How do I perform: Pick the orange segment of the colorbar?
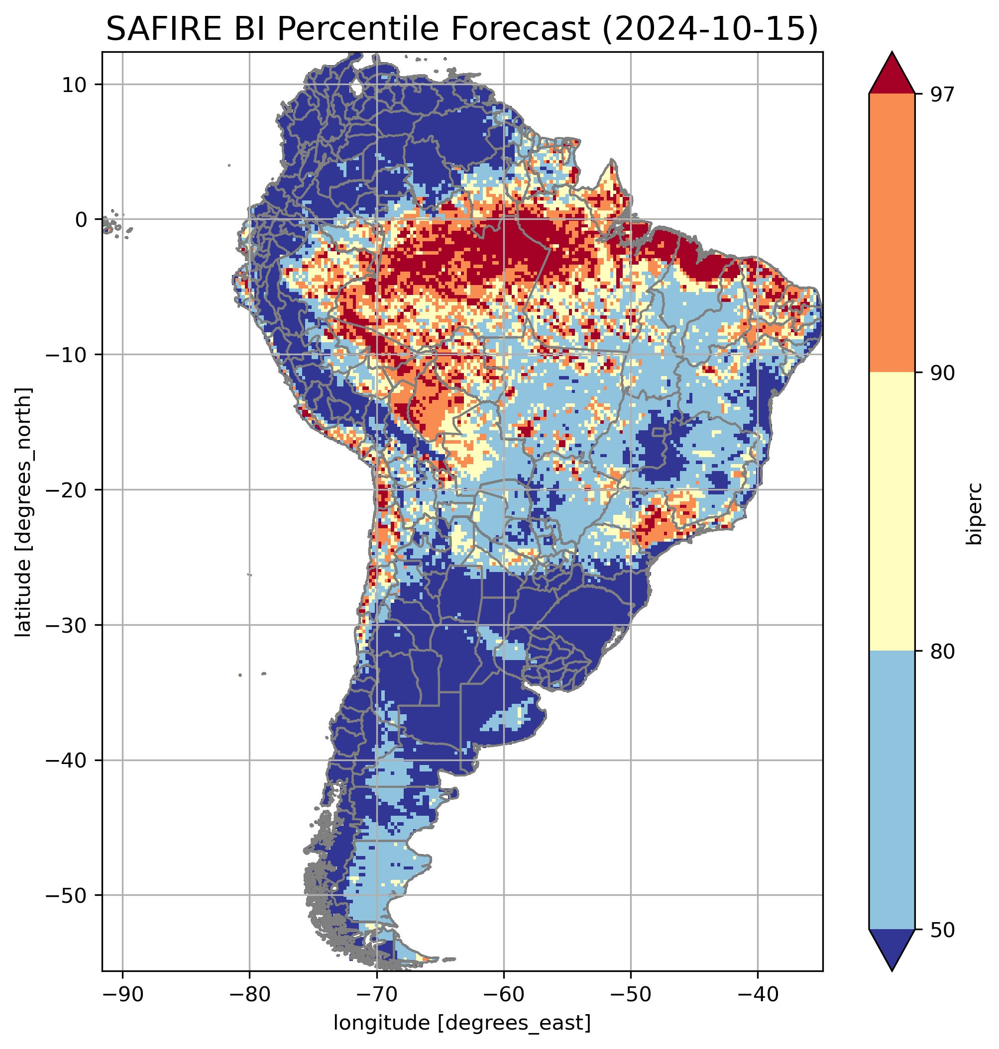point(891,233)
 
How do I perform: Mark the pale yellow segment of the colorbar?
point(891,511)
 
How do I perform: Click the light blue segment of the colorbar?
point(891,790)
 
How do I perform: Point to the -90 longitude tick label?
point(122,993)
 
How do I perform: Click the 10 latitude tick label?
point(75,85)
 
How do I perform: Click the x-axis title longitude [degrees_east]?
point(462,1023)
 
